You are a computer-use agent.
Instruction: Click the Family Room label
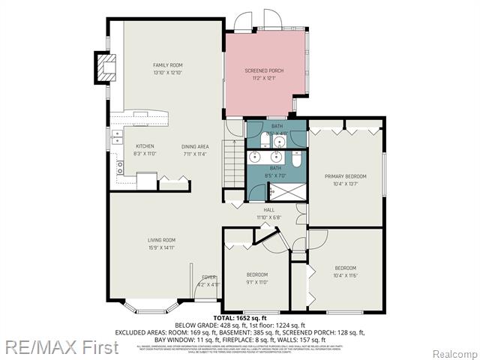[167, 65]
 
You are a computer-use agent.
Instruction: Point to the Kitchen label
[145, 145]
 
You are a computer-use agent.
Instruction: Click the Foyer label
[208, 277]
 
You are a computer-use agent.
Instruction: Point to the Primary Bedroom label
[345, 176]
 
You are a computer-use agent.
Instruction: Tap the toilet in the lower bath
[296, 159]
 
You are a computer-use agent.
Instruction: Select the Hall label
[269, 210]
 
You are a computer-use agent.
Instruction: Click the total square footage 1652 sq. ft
[240, 319]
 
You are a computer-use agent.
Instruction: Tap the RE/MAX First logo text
[59, 347]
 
